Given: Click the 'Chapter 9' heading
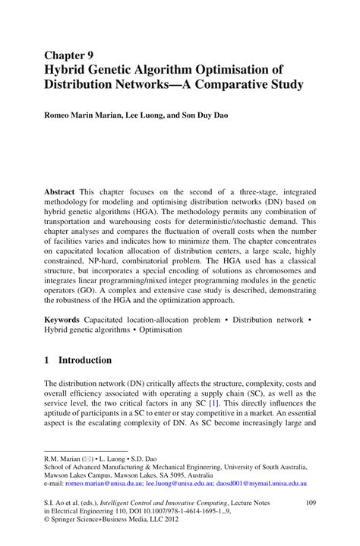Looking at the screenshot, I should pyautogui.click(x=68, y=55).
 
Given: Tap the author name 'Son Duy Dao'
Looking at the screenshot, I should pyautogui.click(x=212, y=117).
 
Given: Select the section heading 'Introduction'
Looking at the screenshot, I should pyautogui.click(x=84, y=360).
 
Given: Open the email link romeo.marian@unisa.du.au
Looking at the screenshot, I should pyautogui.click(x=103, y=482).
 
